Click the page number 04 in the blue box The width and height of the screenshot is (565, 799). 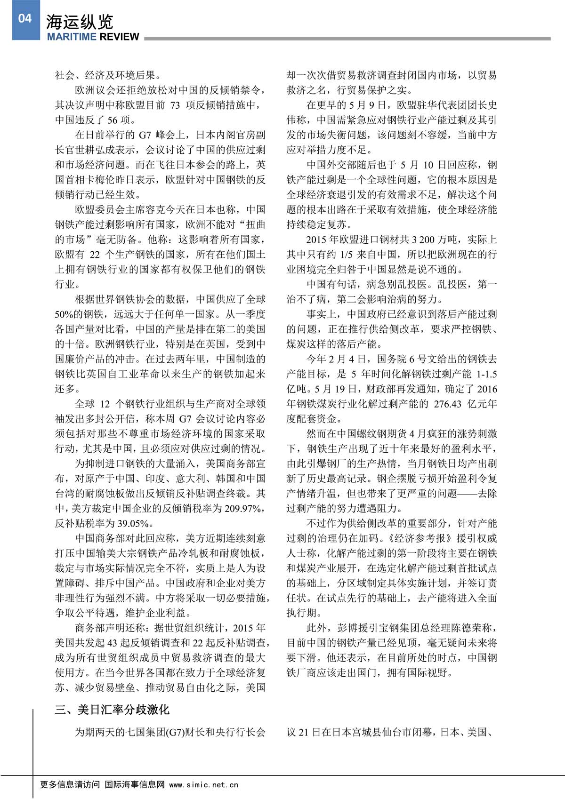(x=24, y=18)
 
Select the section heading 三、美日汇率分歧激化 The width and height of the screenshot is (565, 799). (x=112, y=709)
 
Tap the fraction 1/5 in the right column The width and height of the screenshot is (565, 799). (x=345, y=254)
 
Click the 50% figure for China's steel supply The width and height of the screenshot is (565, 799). (x=65, y=314)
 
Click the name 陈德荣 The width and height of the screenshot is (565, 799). (x=461, y=628)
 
